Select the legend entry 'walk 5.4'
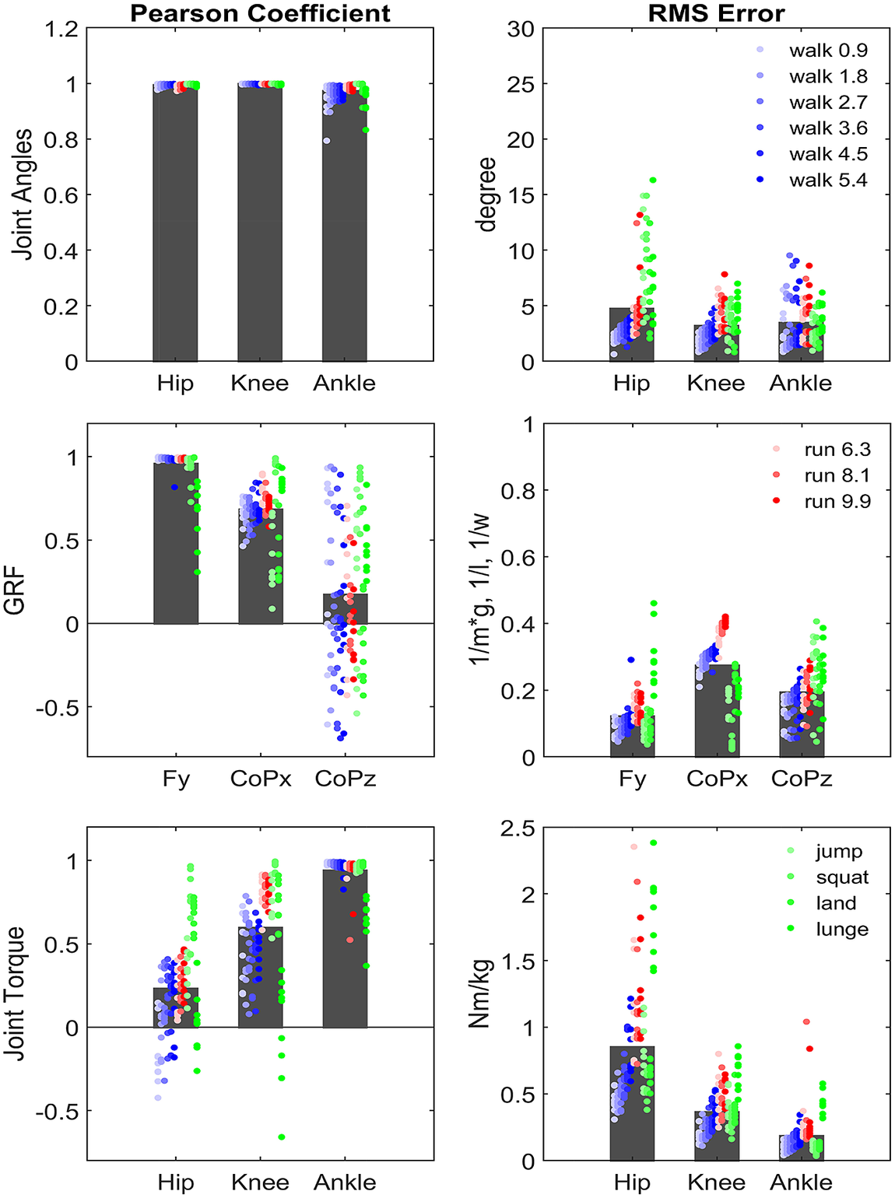827,180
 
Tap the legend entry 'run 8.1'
837,475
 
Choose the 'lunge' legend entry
841,929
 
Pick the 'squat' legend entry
841,877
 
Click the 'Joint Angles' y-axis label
23,194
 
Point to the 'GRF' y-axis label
16,591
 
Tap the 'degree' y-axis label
487,194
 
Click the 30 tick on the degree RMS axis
521,30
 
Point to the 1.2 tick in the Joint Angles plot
62,30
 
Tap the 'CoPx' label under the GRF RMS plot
716,779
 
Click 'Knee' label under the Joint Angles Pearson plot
259,383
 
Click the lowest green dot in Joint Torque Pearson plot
282,1137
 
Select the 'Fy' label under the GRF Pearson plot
176,779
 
